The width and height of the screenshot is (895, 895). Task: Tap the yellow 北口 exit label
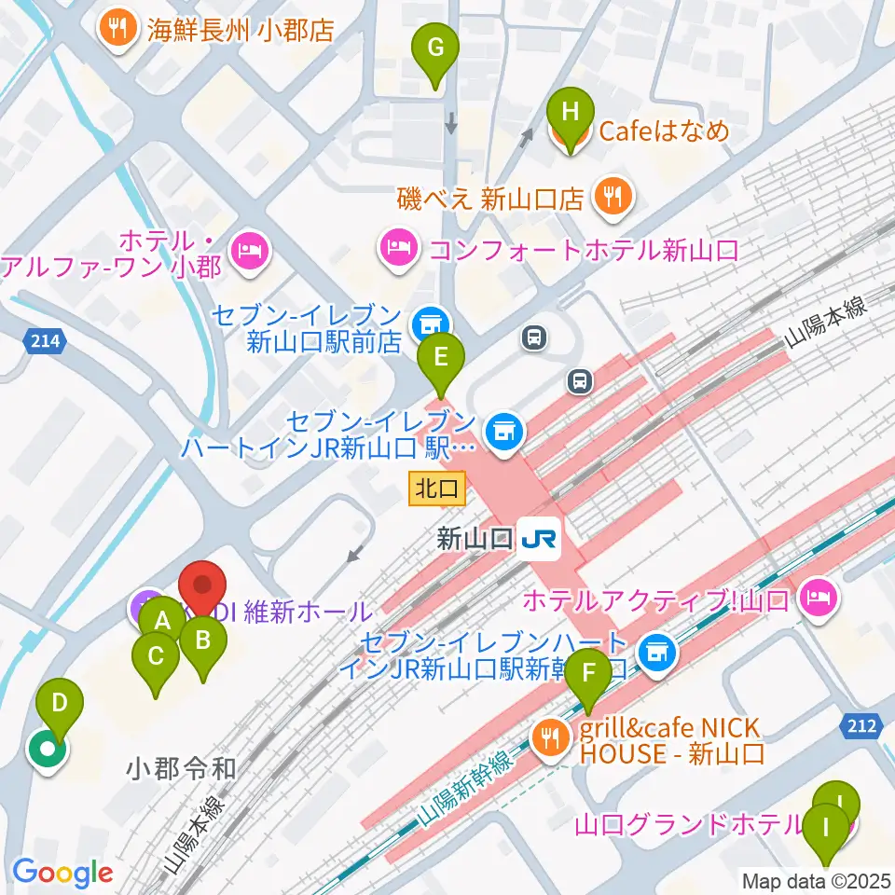click(x=435, y=486)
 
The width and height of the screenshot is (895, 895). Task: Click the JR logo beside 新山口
click(x=540, y=540)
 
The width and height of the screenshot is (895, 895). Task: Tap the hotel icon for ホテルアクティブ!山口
click(x=819, y=596)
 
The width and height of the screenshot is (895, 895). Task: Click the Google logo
click(x=62, y=873)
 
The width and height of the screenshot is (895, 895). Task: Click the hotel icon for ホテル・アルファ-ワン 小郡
click(x=250, y=251)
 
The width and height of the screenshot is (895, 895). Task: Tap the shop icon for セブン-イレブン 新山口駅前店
click(x=428, y=323)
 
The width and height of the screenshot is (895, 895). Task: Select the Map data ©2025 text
click(x=815, y=879)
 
